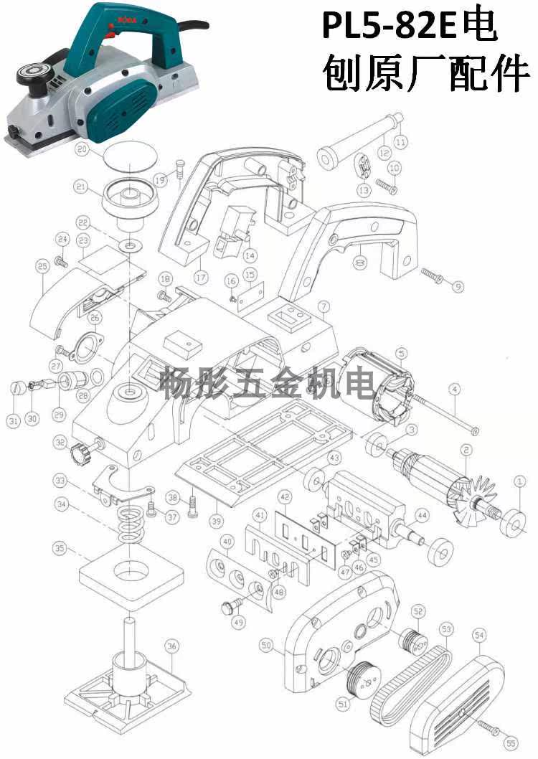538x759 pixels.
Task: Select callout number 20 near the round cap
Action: pos(81,150)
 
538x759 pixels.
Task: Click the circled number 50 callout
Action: pos(267,646)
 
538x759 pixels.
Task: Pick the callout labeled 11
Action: pos(400,142)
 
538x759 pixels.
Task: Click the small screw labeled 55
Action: pos(489,730)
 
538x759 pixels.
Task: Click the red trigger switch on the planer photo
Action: pos(110,32)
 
